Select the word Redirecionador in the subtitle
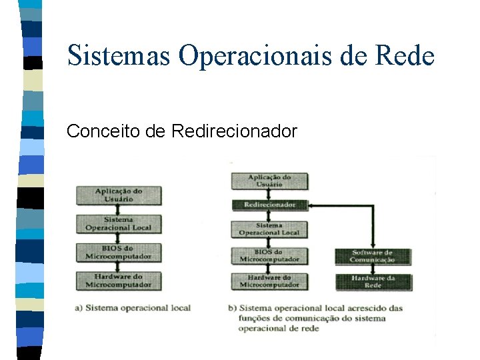click(234, 131)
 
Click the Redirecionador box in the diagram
click(269, 205)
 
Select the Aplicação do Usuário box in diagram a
click(118, 195)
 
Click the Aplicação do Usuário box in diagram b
click(269, 181)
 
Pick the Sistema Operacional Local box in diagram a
click(118, 223)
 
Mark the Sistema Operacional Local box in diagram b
click(269, 229)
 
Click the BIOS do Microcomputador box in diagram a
click(118, 252)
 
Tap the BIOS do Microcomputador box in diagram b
click(269, 255)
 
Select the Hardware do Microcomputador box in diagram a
click(118, 281)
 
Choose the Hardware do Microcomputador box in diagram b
click(269, 281)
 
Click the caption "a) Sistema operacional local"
click(133, 308)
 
